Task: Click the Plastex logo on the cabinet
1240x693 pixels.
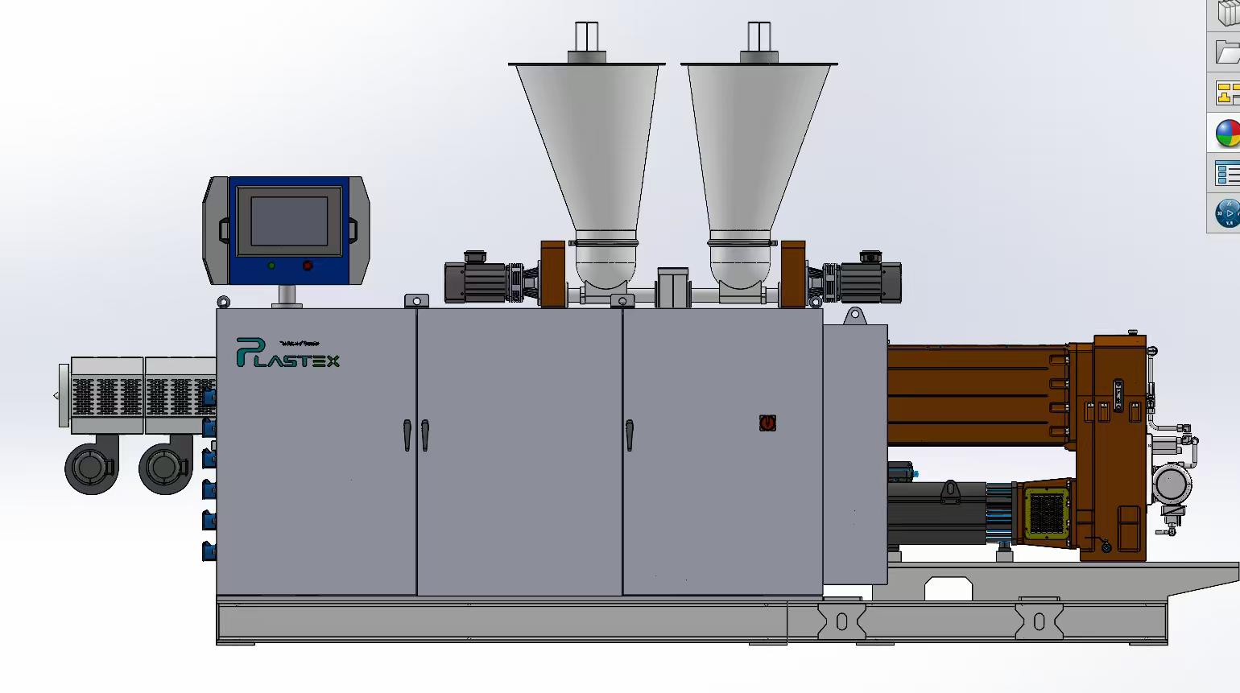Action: pyautogui.click(x=287, y=353)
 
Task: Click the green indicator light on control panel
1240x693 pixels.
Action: pyautogui.click(x=271, y=266)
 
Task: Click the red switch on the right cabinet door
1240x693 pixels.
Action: pyautogui.click(x=767, y=423)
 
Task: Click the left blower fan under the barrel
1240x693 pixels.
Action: pyautogui.click(x=91, y=467)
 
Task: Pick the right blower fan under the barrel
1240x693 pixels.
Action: pyautogui.click(x=165, y=467)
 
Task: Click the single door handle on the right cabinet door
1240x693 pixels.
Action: pyautogui.click(x=629, y=435)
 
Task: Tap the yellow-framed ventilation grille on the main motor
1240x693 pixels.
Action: pyautogui.click(x=1044, y=512)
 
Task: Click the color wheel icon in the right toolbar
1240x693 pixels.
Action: pyautogui.click(x=1227, y=134)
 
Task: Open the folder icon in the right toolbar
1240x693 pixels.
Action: pyautogui.click(x=1227, y=53)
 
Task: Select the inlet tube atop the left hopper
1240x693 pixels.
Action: pyautogui.click(x=587, y=37)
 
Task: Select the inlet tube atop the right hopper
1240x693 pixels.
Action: pyautogui.click(x=759, y=37)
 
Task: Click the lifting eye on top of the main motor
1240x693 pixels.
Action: pyautogui.click(x=950, y=489)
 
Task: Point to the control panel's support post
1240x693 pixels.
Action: pyautogui.click(x=287, y=295)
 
